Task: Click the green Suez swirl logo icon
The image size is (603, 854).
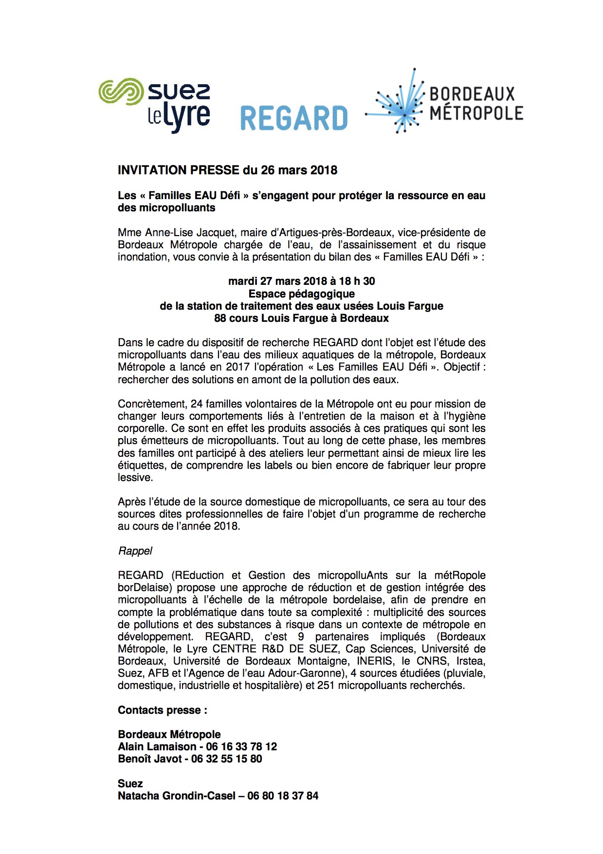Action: pyautogui.click(x=121, y=92)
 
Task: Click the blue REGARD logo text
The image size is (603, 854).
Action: pyautogui.click(x=294, y=119)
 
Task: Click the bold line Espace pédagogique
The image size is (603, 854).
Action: pyautogui.click(x=301, y=294)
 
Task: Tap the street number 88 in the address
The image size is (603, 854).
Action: pyautogui.click(x=220, y=318)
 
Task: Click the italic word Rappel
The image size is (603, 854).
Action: pyautogui.click(x=135, y=551)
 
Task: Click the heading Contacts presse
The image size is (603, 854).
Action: pyautogui.click(x=162, y=710)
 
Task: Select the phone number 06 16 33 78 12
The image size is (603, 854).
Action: pyautogui.click(x=241, y=746)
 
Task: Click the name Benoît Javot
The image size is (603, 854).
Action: pyautogui.click(x=149, y=759)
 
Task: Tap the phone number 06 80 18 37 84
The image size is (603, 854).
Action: pyautogui.click(x=283, y=796)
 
